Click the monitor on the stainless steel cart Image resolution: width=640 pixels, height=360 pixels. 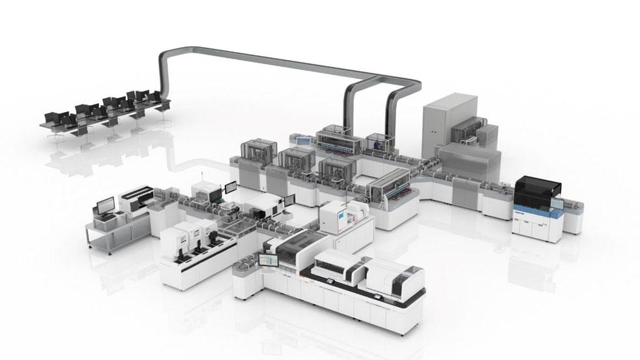104,207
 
